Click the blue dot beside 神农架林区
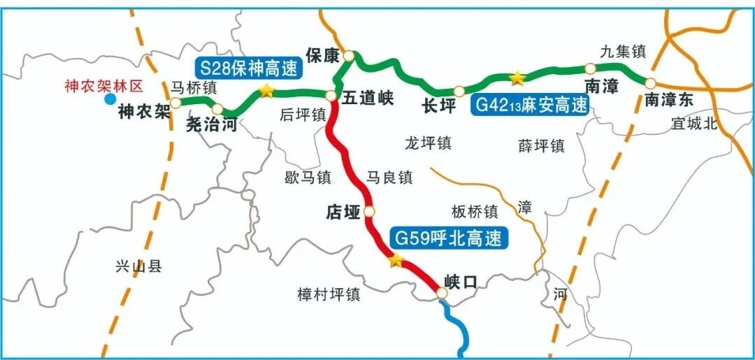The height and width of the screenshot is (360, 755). tap(110, 99)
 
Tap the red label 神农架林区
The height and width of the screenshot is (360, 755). tap(103, 86)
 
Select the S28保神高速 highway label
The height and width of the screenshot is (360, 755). tap(247, 69)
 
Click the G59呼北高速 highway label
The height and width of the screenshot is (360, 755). tap(448, 238)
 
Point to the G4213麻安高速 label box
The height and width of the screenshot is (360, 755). tap(531, 105)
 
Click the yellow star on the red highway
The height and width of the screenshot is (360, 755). tap(396, 261)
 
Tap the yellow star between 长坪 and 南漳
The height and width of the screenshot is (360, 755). tap(517, 77)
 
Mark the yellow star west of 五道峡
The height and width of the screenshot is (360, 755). tap(266, 91)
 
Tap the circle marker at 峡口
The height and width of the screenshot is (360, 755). tap(441, 294)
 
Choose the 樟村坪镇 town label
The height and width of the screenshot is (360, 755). tap(329, 294)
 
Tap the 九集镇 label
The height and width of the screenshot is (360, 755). tap(623, 51)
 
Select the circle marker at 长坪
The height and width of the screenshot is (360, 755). tap(459, 91)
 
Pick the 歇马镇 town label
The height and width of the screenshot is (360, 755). tap(308, 178)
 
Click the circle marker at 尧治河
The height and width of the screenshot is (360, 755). tap(217, 109)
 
